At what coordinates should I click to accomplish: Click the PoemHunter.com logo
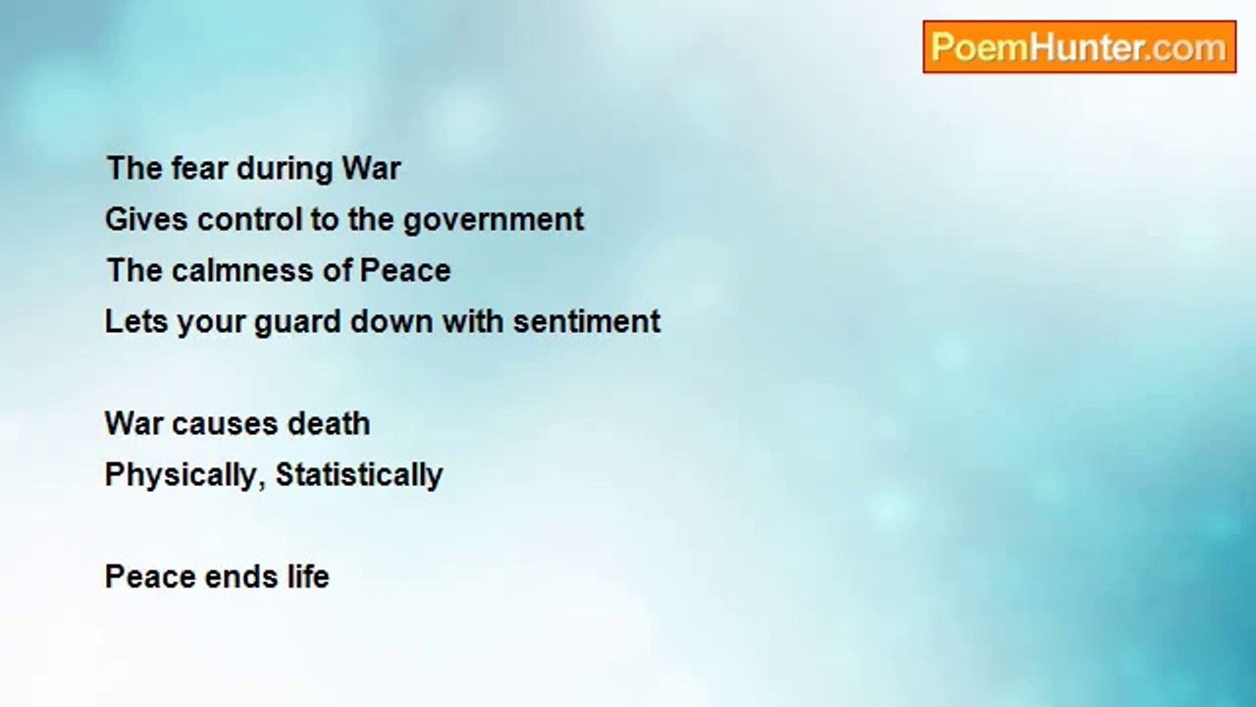tap(1079, 47)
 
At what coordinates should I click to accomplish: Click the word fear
tap(198, 168)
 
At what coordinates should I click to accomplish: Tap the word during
tap(285, 169)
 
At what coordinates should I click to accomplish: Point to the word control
tap(249, 219)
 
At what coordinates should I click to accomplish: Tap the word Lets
tap(135, 322)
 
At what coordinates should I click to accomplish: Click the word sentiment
tap(587, 322)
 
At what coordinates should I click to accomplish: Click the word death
tap(329, 423)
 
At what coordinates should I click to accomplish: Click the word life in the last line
tap(308, 576)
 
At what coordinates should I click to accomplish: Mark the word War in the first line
tap(372, 168)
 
